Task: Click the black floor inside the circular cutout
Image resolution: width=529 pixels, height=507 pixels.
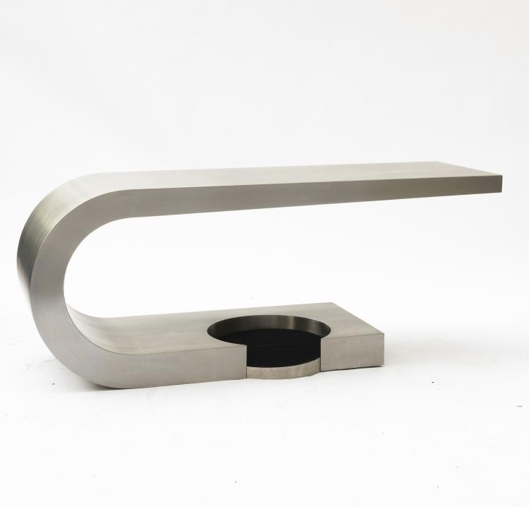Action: [279, 342]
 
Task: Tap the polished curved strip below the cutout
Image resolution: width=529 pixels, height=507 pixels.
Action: [282, 369]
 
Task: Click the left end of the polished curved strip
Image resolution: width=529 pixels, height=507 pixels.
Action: [248, 371]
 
